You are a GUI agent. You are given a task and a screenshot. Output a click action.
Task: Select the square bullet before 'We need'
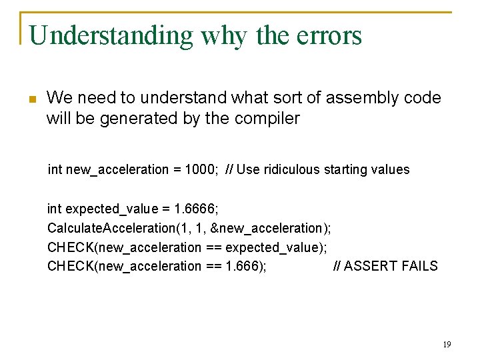point(31,99)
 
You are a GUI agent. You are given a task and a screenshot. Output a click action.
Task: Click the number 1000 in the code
point(202,169)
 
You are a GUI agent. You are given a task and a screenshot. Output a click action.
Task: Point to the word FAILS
point(417,266)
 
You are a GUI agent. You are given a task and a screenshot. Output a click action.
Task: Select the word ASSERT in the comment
point(369,266)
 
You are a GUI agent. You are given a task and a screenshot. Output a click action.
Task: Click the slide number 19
point(447,344)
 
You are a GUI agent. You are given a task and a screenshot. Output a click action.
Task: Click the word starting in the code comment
point(345,169)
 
